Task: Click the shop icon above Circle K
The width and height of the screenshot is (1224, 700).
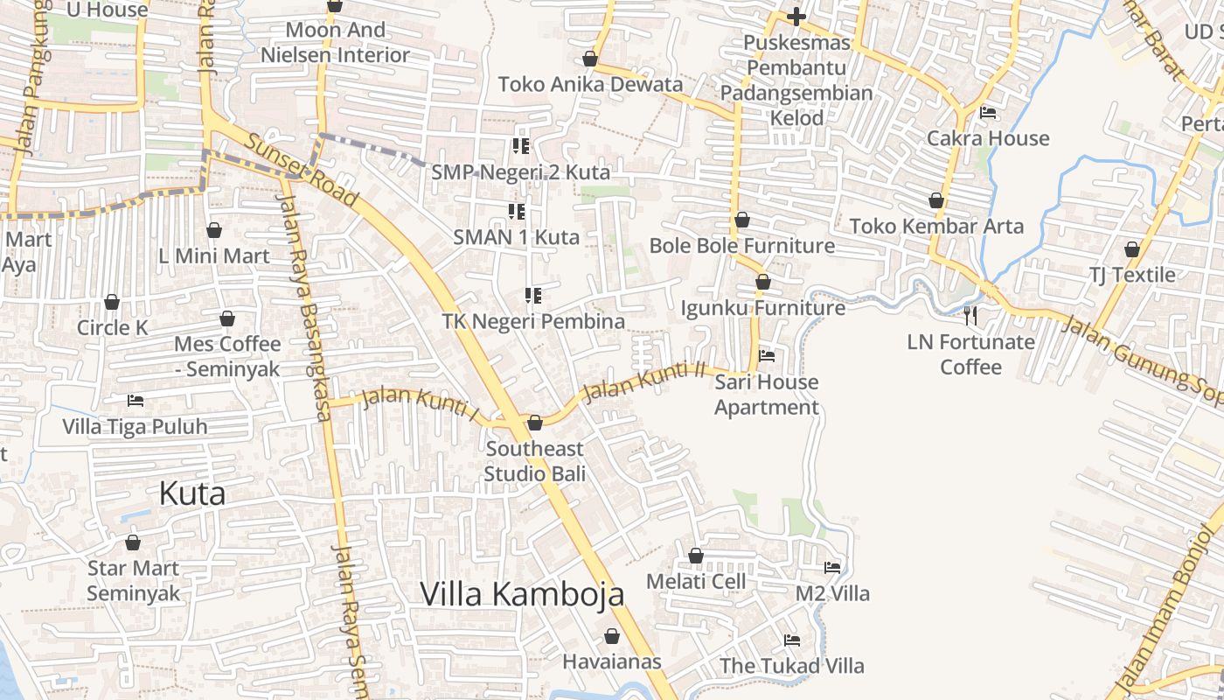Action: click(112, 303)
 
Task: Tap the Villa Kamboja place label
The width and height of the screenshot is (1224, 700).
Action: click(522, 594)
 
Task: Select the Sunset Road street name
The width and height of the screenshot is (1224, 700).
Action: click(301, 171)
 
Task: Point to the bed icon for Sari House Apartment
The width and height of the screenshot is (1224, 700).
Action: click(767, 355)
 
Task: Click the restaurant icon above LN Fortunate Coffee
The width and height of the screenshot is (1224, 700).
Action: click(970, 315)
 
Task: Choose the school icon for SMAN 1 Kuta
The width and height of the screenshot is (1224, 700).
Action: click(516, 211)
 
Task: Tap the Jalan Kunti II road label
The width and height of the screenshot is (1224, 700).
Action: click(644, 383)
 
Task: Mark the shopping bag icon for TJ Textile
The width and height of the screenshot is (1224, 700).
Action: click(1132, 249)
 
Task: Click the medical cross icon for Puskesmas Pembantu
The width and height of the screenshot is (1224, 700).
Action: click(796, 17)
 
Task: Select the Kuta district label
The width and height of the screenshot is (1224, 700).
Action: click(192, 493)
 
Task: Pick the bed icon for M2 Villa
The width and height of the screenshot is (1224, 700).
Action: click(832, 568)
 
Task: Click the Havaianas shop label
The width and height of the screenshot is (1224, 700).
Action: click(612, 661)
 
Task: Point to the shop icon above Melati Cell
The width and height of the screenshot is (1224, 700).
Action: click(696, 556)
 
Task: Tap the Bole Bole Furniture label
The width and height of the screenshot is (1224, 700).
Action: click(741, 246)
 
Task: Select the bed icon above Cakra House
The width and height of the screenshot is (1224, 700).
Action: click(988, 112)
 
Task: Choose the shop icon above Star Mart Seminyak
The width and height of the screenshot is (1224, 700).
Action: click(133, 542)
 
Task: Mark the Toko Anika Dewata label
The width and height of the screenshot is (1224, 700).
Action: click(590, 85)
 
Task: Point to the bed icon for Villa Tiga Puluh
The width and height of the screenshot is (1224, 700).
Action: click(136, 401)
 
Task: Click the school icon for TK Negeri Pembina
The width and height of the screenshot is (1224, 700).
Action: click(532, 296)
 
